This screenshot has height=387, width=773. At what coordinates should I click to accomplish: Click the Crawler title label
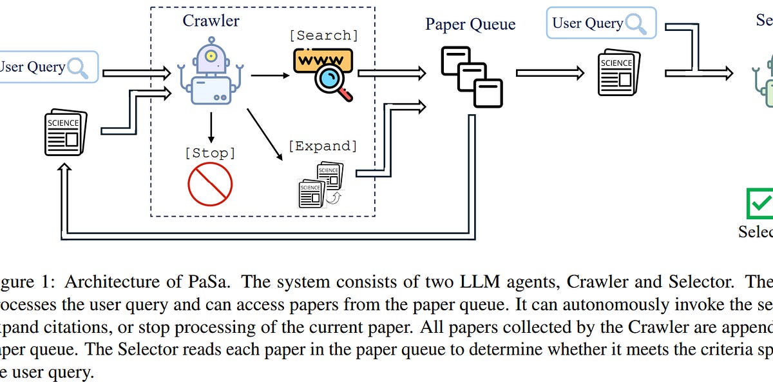pyautogui.click(x=211, y=21)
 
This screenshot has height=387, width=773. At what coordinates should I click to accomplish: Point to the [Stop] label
pyautogui.click(x=210, y=154)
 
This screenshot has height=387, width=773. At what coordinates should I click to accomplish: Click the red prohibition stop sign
pyautogui.click(x=210, y=183)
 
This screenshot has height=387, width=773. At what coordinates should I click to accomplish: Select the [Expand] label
pyautogui.click(x=322, y=146)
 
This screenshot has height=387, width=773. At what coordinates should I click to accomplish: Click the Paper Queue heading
pyautogui.click(x=470, y=25)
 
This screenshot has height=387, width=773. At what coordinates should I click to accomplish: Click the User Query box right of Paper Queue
pyautogui.click(x=600, y=23)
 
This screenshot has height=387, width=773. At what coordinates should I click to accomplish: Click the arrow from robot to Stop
pyautogui.click(x=210, y=126)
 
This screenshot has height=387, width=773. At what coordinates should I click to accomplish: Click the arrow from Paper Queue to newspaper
pyautogui.click(x=545, y=73)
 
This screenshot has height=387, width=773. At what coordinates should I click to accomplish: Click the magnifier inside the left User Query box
pyautogui.click(x=78, y=67)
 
